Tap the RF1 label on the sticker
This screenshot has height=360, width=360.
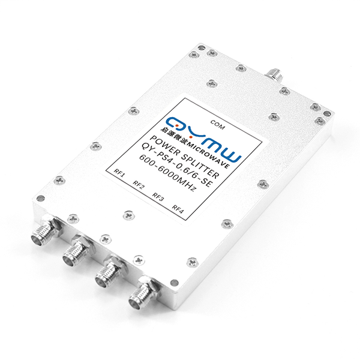[119, 173]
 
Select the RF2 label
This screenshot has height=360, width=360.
[139, 185]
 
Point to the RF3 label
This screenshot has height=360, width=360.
[158, 197]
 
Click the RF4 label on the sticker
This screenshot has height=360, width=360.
[178, 209]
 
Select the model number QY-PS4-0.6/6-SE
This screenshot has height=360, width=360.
[176, 165]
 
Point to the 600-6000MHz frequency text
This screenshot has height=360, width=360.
[167, 173]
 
